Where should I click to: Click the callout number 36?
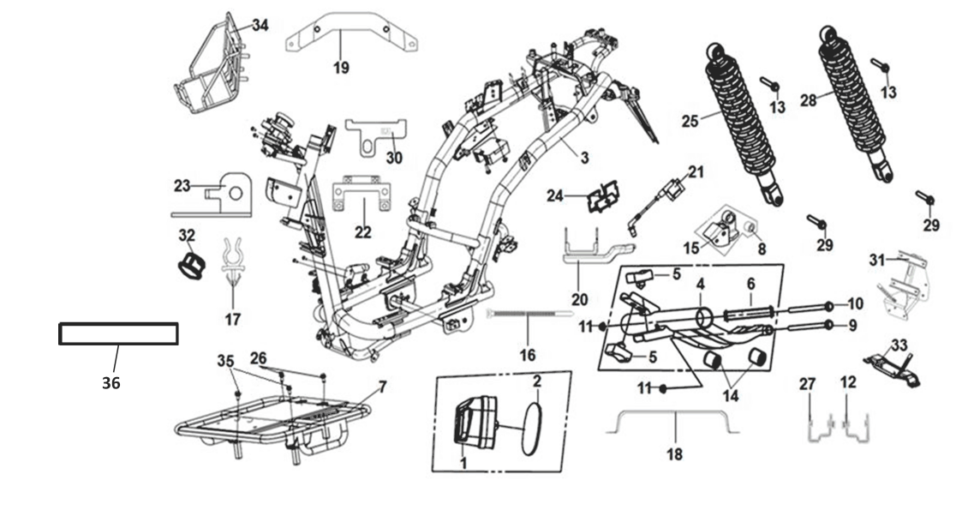point(111,383)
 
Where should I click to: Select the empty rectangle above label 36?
point(118,333)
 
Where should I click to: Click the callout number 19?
point(341,67)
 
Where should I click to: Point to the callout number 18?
point(675,453)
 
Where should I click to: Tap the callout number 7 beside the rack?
point(382,387)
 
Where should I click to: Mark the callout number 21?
point(696,172)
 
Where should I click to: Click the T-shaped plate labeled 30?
point(376,133)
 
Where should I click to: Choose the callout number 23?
point(181,185)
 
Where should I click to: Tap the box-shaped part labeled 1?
point(474,422)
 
